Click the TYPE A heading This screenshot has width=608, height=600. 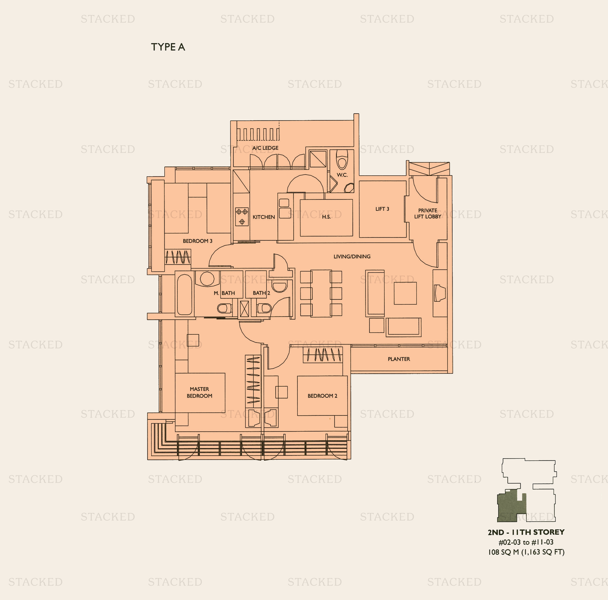(168, 47)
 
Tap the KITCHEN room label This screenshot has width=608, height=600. (264, 217)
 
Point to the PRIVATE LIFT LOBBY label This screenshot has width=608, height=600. (428, 213)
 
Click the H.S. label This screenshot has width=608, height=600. (326, 217)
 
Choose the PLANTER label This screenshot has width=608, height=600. (399, 359)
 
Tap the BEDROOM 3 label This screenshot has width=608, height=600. (198, 241)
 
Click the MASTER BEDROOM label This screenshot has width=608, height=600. (199, 392)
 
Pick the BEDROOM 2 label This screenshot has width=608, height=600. (323, 396)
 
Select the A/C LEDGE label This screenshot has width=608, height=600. (265, 148)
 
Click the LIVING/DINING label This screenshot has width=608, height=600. (352, 256)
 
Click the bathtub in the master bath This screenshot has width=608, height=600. (184, 294)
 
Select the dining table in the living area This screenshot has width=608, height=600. (321, 293)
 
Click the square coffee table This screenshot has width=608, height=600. (405, 293)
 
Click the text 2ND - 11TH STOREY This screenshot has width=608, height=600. (526, 532)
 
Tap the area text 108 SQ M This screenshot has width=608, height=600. (503, 552)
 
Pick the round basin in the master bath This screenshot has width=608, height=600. (207, 278)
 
